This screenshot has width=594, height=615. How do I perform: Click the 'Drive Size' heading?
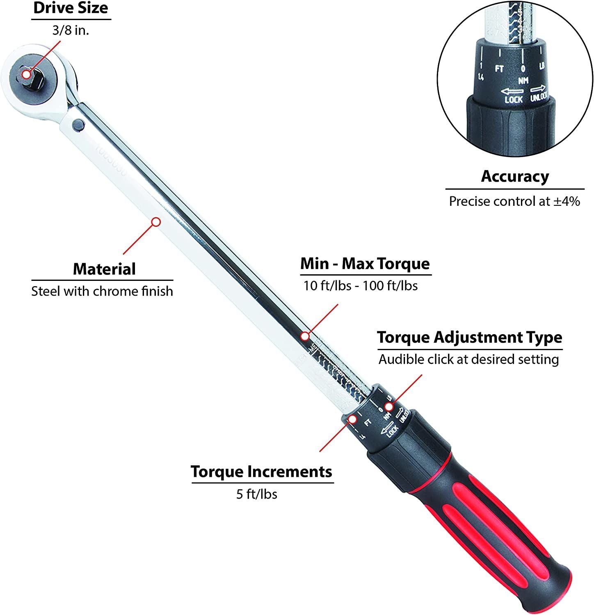click(x=71, y=9)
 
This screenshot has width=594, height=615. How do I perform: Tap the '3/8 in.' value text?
click(x=71, y=30)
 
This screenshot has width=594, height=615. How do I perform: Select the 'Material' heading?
click(x=104, y=269)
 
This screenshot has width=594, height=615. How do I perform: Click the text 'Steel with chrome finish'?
click(x=102, y=292)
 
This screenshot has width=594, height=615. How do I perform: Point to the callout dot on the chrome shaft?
click(x=156, y=222)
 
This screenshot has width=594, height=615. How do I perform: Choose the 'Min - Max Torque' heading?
click(x=365, y=264)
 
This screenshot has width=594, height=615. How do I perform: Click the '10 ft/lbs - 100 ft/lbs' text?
click(x=361, y=285)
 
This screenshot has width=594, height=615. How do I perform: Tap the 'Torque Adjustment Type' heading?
click(x=469, y=337)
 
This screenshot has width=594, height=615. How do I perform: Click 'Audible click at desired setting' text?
click(x=468, y=360)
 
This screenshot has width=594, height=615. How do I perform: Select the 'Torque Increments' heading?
click(x=261, y=472)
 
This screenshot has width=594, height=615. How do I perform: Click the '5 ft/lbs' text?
click(x=256, y=494)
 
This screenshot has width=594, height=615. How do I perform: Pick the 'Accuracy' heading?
click(x=515, y=176)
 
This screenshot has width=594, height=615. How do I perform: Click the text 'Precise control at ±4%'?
click(x=514, y=201)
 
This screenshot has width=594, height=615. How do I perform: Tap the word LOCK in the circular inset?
click(x=513, y=99)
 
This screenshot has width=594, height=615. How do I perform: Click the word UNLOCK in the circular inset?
click(x=539, y=97)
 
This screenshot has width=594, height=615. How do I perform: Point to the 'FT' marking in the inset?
click(x=499, y=68)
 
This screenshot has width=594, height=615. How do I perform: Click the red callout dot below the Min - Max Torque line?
click(x=304, y=336)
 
